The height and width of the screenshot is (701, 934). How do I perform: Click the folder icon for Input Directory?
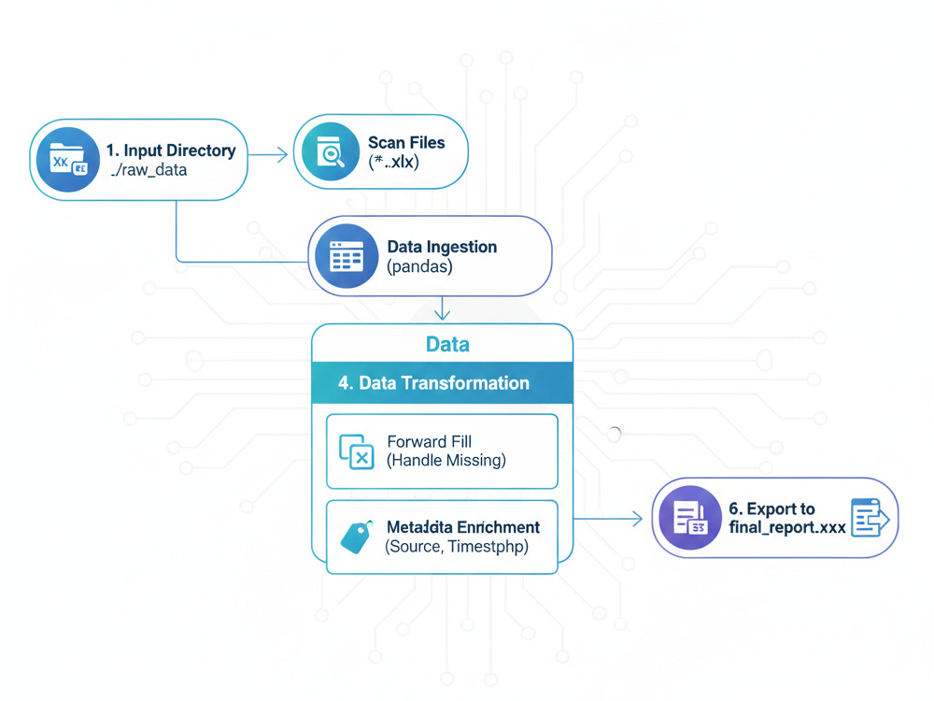pyautogui.click(x=67, y=158)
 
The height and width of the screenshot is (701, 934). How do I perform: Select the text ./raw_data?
pyautogui.click(x=148, y=170)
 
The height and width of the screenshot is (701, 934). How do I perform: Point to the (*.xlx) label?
pyautogui.click(x=394, y=162)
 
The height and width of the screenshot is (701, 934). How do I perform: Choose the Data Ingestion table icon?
pyautogui.click(x=346, y=256)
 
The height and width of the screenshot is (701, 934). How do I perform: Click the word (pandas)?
pyautogui.click(x=420, y=266)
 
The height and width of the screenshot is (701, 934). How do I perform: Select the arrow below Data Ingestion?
pyautogui.click(x=443, y=309)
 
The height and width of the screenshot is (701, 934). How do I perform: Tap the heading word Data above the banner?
pyautogui.click(x=446, y=344)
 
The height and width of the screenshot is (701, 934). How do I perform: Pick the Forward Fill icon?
pyautogui.click(x=356, y=451)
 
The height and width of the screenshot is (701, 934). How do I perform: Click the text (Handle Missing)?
pyautogui.click(x=446, y=460)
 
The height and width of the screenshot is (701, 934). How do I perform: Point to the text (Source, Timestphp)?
pyautogui.click(x=457, y=547)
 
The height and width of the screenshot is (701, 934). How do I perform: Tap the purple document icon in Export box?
pyautogui.click(x=690, y=519)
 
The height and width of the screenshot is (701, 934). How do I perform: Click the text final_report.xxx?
pyautogui.click(x=786, y=527)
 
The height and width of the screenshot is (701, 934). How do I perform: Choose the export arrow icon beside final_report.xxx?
pyautogui.click(x=870, y=518)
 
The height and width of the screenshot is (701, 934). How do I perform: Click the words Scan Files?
pyautogui.click(x=406, y=143)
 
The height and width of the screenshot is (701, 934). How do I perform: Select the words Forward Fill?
pyautogui.click(x=431, y=441)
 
